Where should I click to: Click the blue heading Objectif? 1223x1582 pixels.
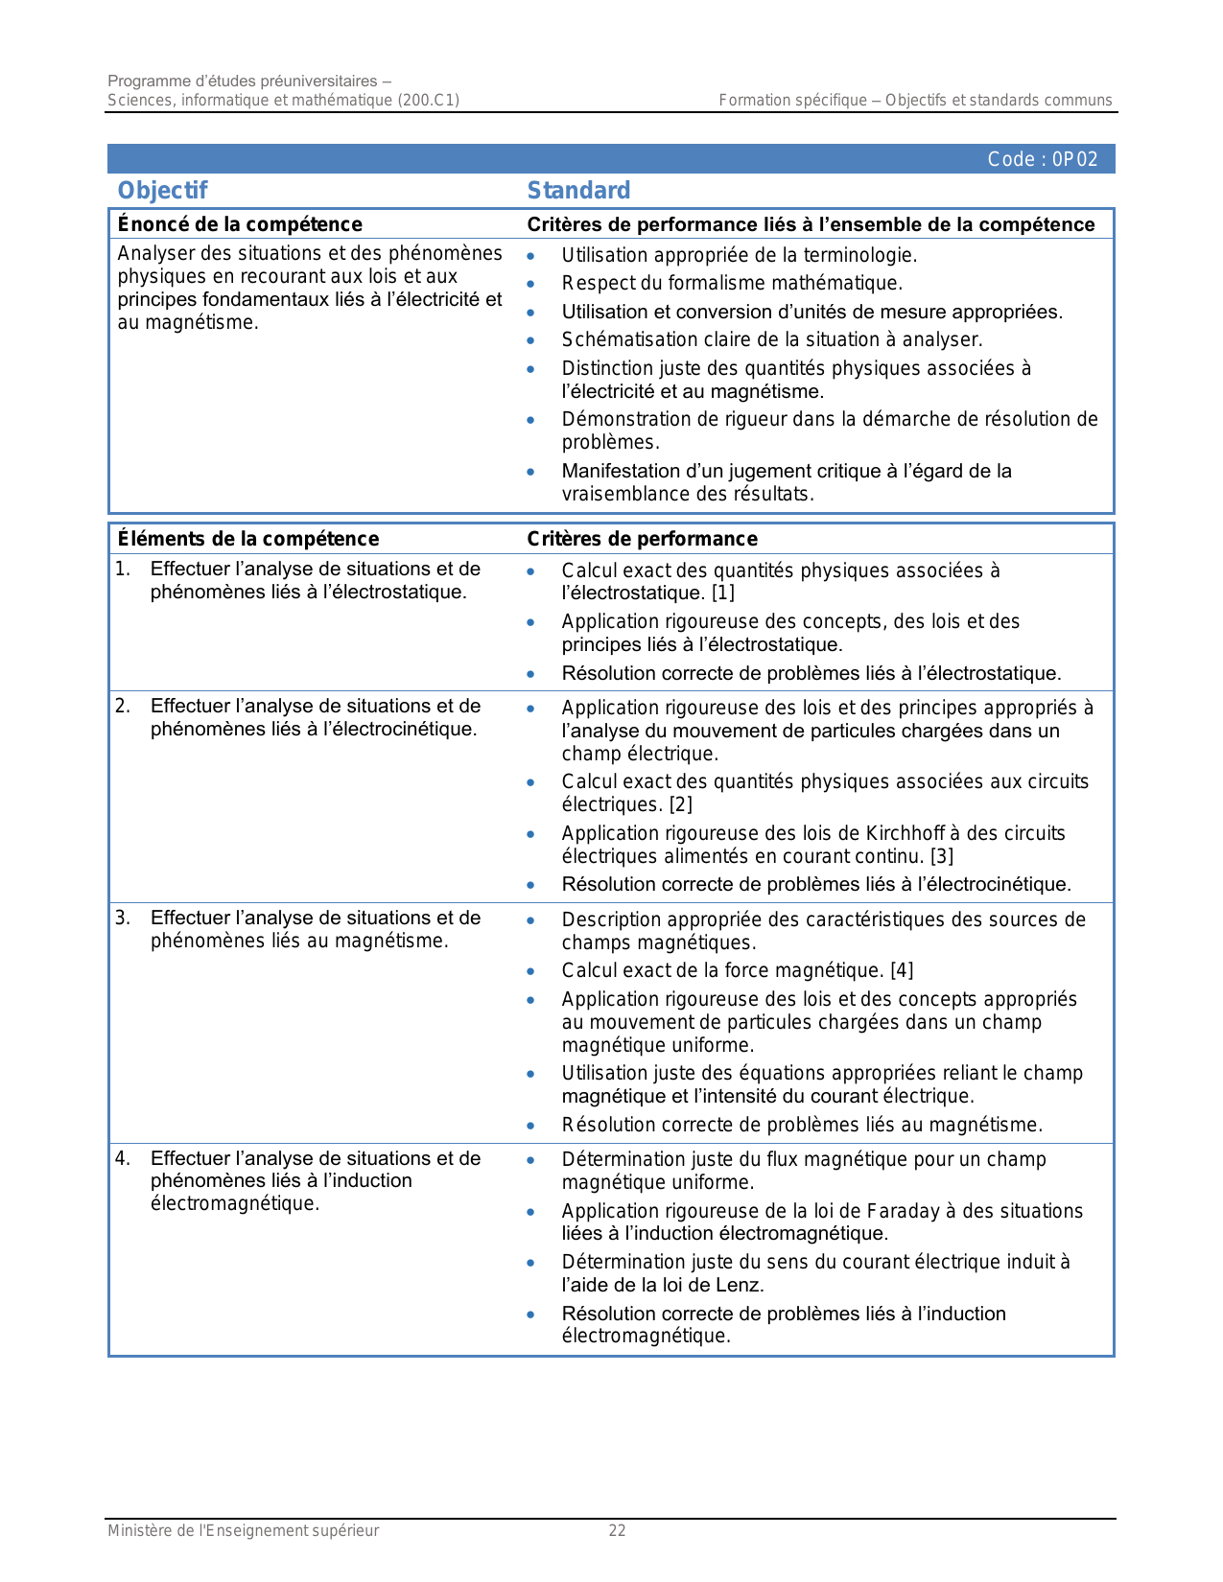tap(162, 190)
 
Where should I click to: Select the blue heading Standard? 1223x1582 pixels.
tap(578, 190)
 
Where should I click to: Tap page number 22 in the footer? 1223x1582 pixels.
tap(617, 1531)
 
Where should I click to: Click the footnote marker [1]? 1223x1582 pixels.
tap(722, 593)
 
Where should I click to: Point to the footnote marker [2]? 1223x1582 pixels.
tap(680, 805)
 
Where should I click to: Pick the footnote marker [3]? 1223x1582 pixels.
tap(941, 856)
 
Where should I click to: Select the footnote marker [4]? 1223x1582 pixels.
tap(902, 970)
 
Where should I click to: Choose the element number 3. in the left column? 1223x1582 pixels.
tap(123, 919)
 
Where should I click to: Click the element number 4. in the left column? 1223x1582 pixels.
tap(123, 1158)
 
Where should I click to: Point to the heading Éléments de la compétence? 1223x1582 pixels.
tap(247, 539)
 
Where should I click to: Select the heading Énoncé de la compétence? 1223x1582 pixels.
tap(240, 224)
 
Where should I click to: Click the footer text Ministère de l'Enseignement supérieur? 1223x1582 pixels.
tap(243, 1531)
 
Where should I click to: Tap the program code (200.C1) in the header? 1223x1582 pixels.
tap(428, 100)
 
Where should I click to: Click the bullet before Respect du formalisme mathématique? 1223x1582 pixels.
tap(530, 284)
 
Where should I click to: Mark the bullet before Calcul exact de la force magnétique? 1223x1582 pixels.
tap(530, 971)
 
